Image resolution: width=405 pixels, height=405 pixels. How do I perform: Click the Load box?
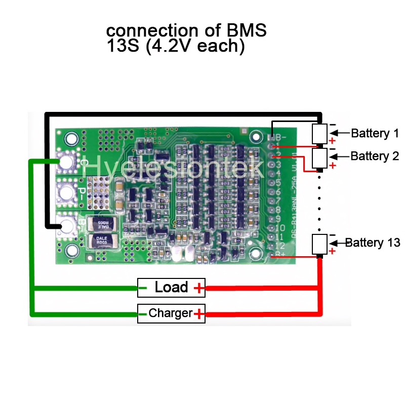pyautogui.click(x=171, y=288)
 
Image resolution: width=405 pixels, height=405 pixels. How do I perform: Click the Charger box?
pyautogui.click(x=171, y=313)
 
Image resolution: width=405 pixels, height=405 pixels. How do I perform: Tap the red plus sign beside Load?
pyautogui.click(x=199, y=289)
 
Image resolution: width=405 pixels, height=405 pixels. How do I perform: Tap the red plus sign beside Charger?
pyautogui.click(x=199, y=314)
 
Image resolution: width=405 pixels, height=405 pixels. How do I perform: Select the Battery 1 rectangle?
pyautogui.click(x=319, y=134)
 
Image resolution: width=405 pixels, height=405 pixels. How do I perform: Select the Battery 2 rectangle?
pyautogui.click(x=319, y=157)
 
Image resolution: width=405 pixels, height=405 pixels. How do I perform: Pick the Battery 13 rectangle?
pyautogui.click(x=319, y=244)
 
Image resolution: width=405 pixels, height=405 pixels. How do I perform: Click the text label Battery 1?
pyautogui.click(x=375, y=134)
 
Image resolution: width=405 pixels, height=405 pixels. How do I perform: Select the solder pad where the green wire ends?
pyautogui.click(x=66, y=161)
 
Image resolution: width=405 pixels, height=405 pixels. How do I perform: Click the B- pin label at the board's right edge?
pyautogui.click(x=279, y=137)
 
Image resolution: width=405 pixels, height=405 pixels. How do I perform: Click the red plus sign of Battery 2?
pyautogui.click(x=332, y=166)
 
